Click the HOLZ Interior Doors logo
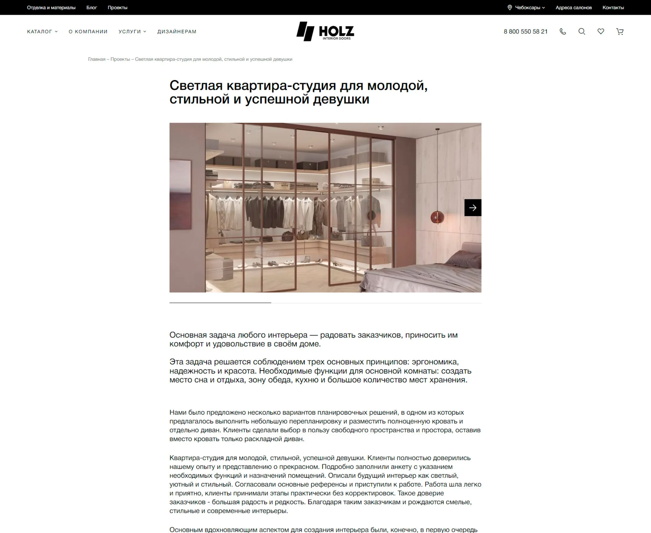coord(325,31)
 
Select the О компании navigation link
coord(88,32)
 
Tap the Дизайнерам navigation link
coord(177,32)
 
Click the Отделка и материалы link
coord(51,8)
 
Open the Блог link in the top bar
coord(91,8)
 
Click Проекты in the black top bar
coord(117,8)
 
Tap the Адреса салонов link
coord(573,8)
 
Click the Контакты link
coord(613,8)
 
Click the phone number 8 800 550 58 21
coord(526,32)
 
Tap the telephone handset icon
coord(563,32)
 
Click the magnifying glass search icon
coord(582,32)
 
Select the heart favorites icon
coord(601,32)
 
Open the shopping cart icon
coord(620,32)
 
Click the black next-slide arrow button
coord(473,208)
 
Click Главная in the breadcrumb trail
coord(97,59)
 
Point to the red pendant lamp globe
coord(437,217)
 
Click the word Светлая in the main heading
coord(196,86)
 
